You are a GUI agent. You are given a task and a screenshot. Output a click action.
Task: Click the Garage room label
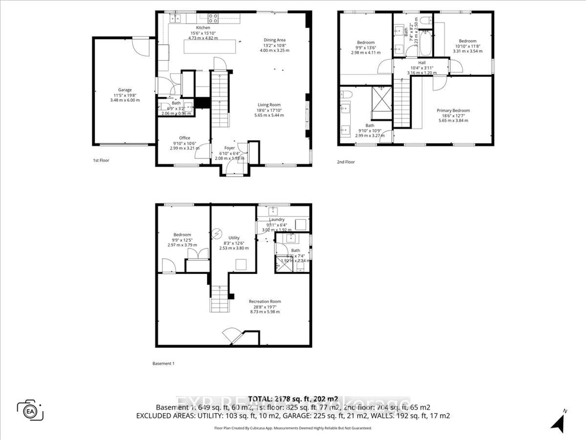point(125,90)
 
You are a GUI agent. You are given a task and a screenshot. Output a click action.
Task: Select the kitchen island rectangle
point(210,47)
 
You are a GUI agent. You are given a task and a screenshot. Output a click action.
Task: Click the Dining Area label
point(274,40)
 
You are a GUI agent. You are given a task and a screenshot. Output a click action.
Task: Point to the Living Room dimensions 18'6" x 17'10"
point(269,110)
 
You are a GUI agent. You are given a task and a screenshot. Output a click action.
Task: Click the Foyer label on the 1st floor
point(229,148)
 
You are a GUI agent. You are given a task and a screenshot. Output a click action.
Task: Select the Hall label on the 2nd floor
point(422,63)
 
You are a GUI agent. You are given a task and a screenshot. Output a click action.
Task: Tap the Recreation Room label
point(265,302)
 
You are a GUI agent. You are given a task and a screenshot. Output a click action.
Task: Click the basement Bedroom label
point(182,235)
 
